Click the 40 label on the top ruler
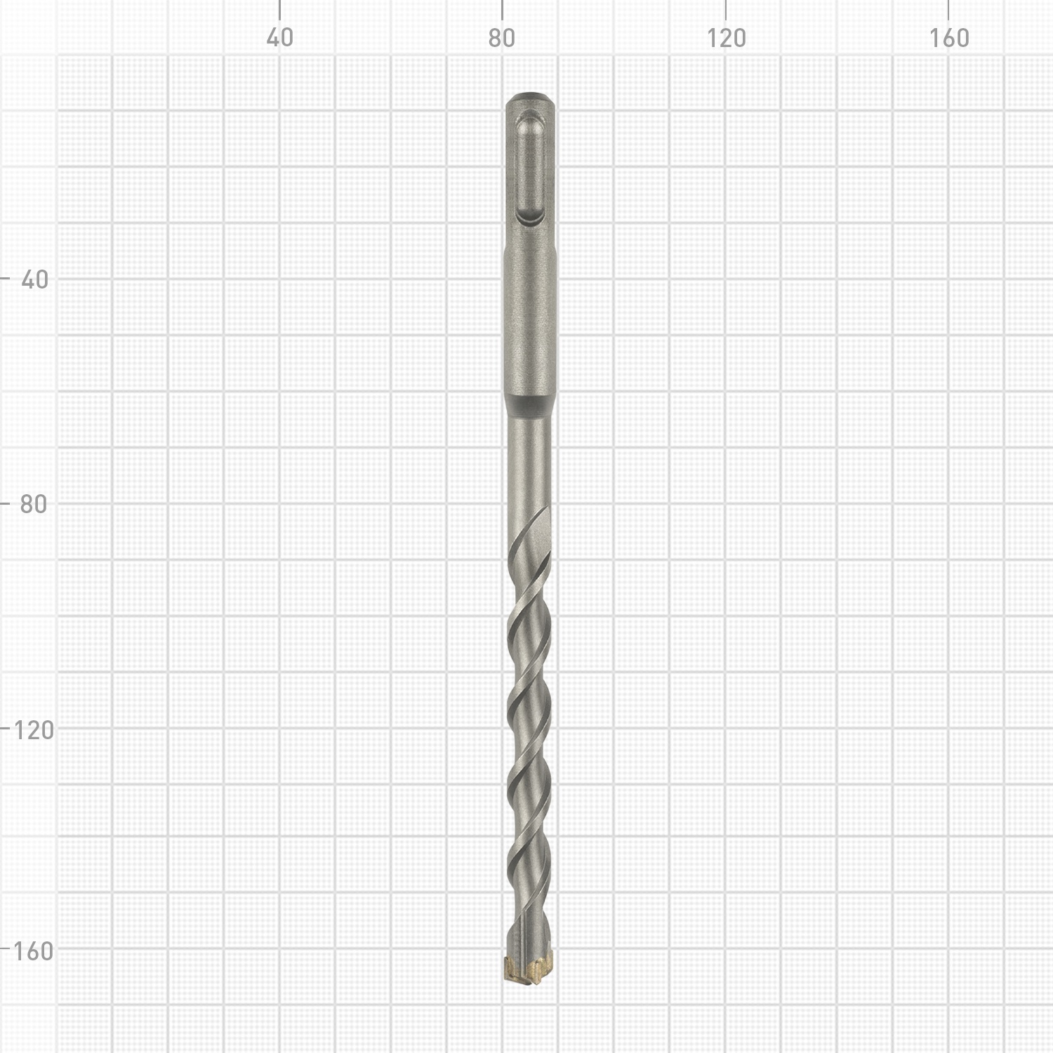point(279,38)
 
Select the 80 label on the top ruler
point(502,38)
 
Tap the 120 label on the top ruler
point(726,38)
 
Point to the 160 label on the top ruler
point(949,38)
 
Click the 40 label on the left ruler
point(35,279)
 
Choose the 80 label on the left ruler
point(34,503)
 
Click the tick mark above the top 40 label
point(279,9)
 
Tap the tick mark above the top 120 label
point(725,9)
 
